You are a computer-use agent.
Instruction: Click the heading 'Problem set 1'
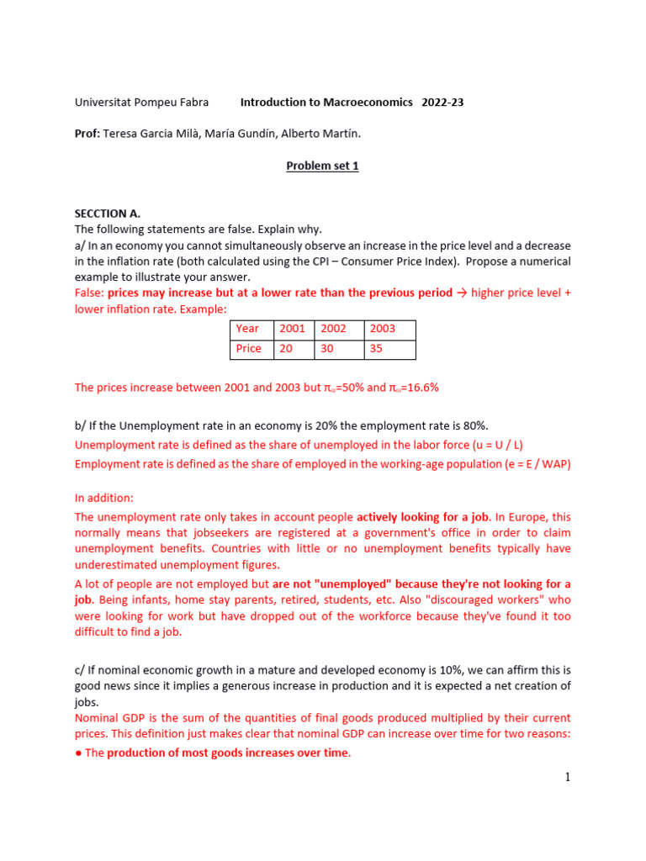(322, 166)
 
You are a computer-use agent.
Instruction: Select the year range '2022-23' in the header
(442, 103)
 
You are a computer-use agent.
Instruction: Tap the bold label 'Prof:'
(87, 134)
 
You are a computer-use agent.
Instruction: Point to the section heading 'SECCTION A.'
(108, 214)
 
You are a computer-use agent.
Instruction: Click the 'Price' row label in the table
(249, 348)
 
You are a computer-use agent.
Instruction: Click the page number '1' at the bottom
(568, 778)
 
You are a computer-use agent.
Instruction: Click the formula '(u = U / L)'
(503, 445)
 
